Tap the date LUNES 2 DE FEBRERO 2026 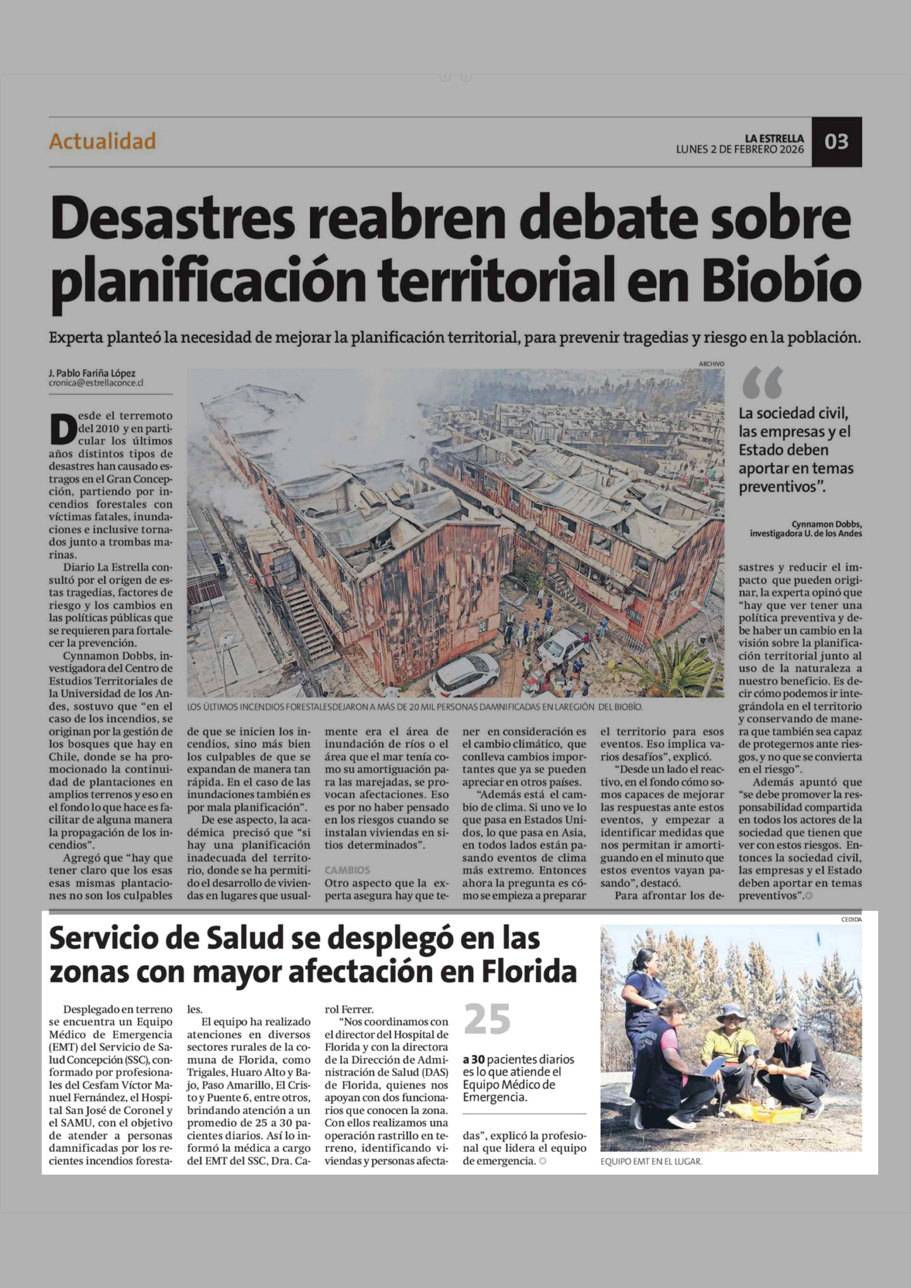pyautogui.click(x=739, y=150)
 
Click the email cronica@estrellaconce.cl pyautogui.click(x=96, y=383)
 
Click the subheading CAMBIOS pyautogui.click(x=347, y=870)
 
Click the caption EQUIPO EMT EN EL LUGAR pyautogui.click(x=651, y=1161)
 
